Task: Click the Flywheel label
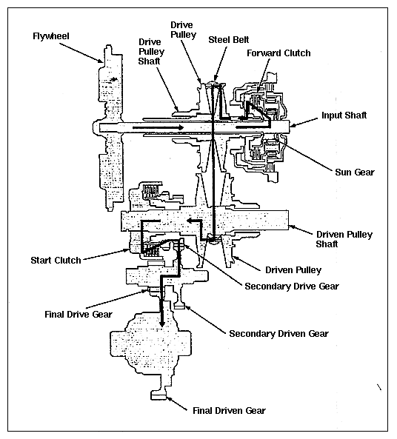point(50,36)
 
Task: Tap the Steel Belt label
point(229,40)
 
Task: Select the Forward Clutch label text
point(278,53)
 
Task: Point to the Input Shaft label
point(344,115)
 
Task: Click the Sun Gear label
point(355,172)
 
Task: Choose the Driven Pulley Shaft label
point(344,239)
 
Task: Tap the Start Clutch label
point(56,261)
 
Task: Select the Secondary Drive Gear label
point(292,286)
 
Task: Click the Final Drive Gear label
point(79,314)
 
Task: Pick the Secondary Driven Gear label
point(278,333)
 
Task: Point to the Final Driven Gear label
point(229,410)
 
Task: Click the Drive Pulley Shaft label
point(151,52)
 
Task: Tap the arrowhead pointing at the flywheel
point(101,60)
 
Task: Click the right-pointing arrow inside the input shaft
point(158,127)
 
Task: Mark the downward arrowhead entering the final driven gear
point(161,324)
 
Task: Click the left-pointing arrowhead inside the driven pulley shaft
point(190,221)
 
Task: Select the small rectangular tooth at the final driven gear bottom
point(159,396)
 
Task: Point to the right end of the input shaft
point(289,127)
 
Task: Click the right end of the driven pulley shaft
point(287,220)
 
